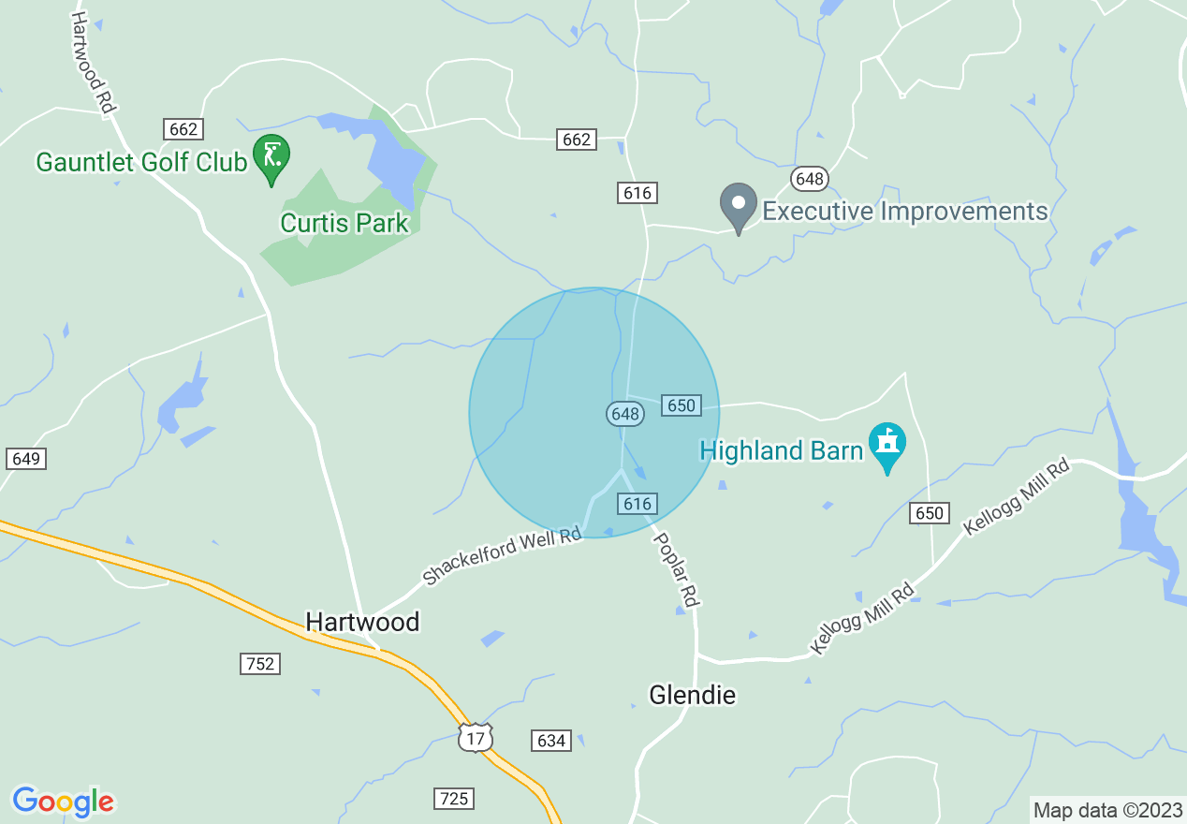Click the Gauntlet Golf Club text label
140,162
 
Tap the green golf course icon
272,155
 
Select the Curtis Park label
344,223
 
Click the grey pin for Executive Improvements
738,205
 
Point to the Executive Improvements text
904,212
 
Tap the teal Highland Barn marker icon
887,446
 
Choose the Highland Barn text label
781,451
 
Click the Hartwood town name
362,622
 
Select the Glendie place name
693,695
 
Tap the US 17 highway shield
476,737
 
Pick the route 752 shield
259,664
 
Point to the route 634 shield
551,741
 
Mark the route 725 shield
454,799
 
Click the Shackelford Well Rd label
502,558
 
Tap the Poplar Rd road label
676,569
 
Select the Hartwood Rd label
92,63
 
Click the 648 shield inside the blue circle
623,413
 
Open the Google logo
63,802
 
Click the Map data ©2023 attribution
1106,810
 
